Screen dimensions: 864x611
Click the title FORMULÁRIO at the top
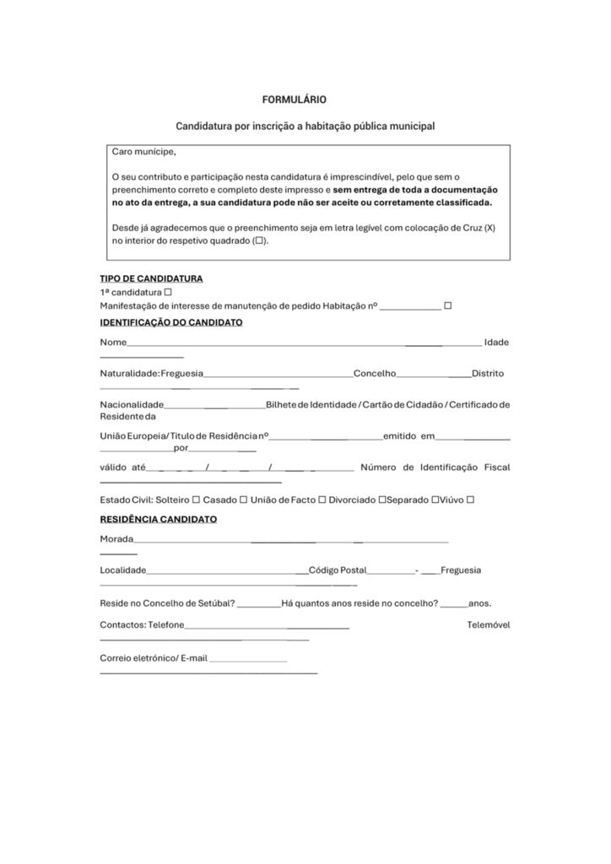(294, 100)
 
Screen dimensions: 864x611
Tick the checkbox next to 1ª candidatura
(168, 292)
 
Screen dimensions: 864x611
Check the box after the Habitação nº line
(447, 305)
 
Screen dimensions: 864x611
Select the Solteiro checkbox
(196, 499)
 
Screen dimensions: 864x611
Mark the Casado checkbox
(243, 499)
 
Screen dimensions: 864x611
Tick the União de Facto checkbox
(322, 499)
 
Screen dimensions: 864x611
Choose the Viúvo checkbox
(470, 499)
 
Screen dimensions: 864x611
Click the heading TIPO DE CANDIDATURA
(151, 278)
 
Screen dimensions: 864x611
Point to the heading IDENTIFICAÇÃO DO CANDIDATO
(170, 322)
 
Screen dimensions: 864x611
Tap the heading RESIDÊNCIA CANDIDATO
(158, 519)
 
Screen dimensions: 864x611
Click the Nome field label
(113, 343)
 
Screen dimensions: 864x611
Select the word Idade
(496, 343)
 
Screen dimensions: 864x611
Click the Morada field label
(116, 539)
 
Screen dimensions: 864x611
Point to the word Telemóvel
(488, 625)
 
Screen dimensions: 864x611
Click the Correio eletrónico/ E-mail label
(153, 658)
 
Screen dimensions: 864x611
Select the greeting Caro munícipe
(144, 153)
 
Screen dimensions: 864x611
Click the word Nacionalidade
(132, 405)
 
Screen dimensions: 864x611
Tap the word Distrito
(488, 374)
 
